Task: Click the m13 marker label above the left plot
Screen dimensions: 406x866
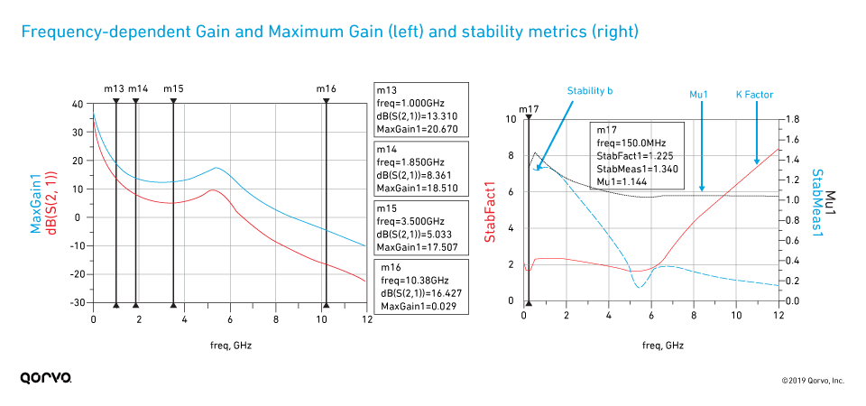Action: click(x=114, y=88)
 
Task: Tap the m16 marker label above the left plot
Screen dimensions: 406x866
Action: click(x=326, y=88)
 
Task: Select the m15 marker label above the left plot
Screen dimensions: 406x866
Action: click(x=173, y=88)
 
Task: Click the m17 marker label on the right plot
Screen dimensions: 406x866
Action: click(x=530, y=109)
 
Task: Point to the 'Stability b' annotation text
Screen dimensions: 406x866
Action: click(x=590, y=91)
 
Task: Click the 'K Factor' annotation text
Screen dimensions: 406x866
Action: click(x=755, y=94)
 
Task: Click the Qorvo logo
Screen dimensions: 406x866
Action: click(x=46, y=379)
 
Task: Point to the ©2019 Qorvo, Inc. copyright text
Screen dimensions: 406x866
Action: click(x=813, y=381)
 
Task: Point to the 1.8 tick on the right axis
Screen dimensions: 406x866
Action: click(x=791, y=119)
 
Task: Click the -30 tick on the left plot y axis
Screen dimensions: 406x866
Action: click(x=78, y=302)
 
